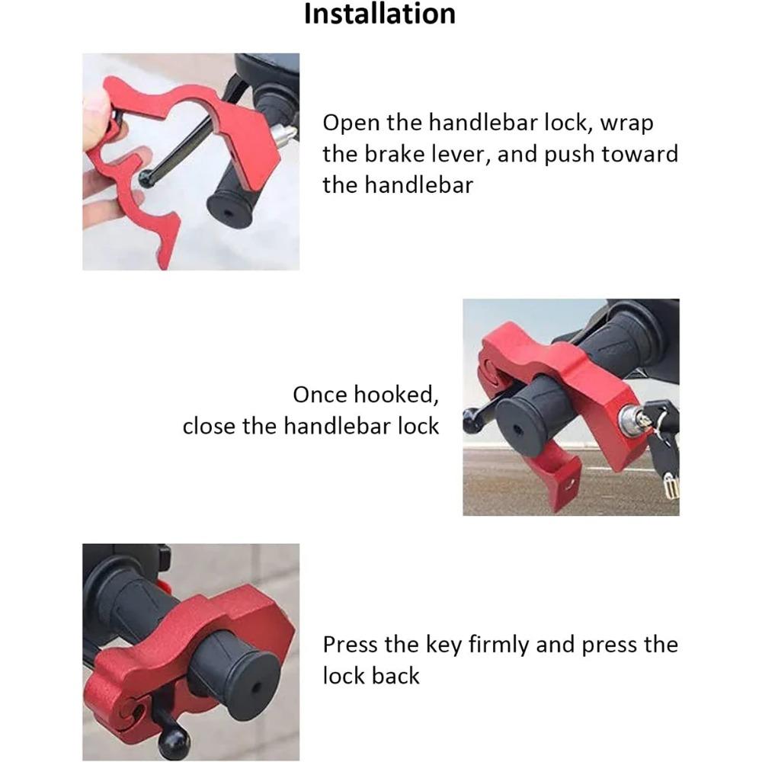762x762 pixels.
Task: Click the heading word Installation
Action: point(379,14)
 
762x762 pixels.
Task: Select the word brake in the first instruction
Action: point(410,154)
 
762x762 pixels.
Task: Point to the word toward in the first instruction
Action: point(639,154)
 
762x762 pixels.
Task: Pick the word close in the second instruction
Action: point(209,425)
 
